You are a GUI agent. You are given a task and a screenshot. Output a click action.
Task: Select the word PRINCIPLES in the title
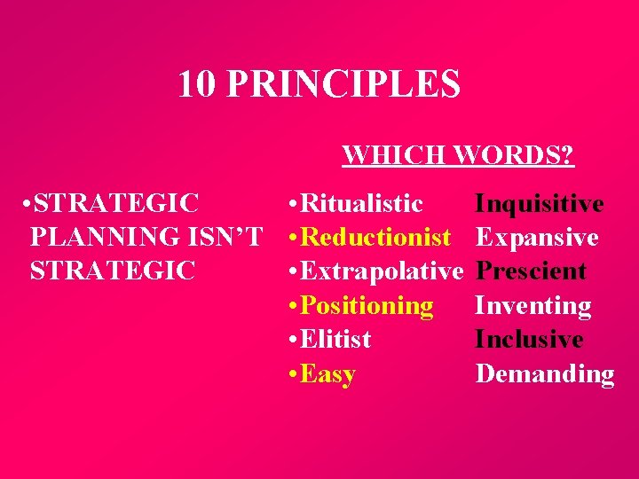click(343, 84)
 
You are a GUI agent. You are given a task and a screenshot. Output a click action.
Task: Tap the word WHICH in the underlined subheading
click(395, 156)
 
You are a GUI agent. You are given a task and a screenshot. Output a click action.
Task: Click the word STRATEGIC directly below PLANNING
click(112, 271)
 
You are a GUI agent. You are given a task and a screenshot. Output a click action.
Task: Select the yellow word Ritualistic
click(362, 204)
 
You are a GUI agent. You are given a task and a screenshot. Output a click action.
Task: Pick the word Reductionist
click(375, 238)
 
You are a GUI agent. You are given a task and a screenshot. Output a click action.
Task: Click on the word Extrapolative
click(383, 271)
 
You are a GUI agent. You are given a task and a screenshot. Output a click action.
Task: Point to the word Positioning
click(367, 306)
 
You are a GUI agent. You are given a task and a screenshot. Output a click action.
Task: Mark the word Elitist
click(336, 340)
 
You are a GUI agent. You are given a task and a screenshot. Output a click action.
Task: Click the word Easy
click(327, 374)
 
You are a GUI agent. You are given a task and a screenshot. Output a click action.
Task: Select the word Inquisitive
click(540, 204)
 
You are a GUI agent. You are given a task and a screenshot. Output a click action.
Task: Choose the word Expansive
click(537, 238)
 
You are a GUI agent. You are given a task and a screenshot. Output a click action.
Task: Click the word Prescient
click(531, 271)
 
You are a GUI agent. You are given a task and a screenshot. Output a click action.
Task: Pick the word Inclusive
click(529, 340)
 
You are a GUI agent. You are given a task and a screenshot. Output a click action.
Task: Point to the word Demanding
click(544, 374)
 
